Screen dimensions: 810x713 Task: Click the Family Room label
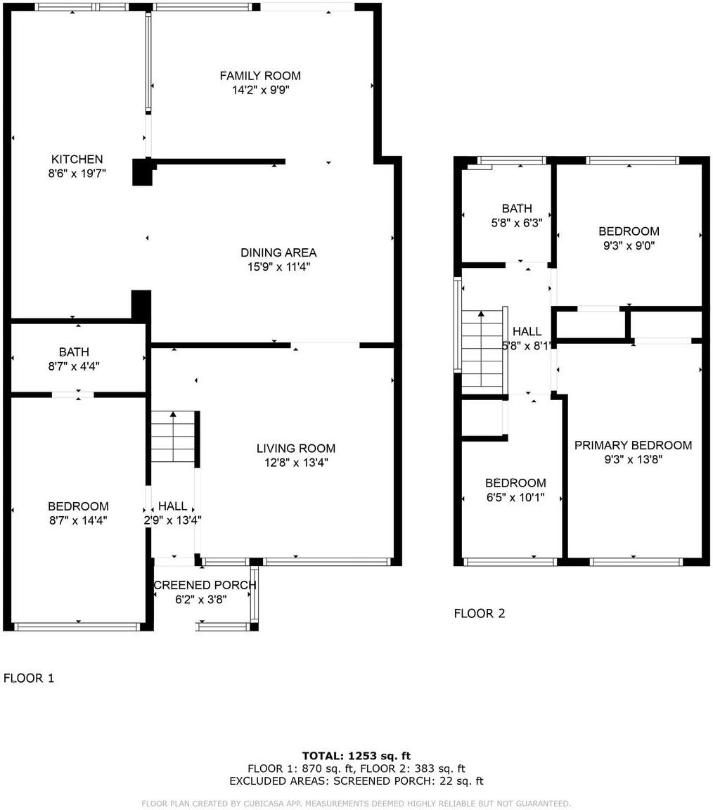(260, 75)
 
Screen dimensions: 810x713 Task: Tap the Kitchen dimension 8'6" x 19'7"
(77, 174)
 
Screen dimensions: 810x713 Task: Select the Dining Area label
(278, 252)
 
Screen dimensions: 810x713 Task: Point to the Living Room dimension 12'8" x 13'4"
(295, 463)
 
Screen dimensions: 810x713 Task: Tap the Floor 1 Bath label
(74, 352)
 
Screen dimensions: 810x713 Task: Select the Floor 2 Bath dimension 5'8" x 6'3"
(517, 223)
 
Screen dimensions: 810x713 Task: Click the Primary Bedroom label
(633, 445)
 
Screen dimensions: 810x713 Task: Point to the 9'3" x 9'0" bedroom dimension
(629, 245)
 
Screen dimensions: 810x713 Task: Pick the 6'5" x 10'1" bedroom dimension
(515, 497)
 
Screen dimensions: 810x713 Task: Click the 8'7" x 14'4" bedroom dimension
(78, 520)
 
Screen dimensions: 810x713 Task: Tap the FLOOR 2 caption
(479, 613)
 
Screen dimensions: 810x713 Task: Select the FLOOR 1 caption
(29, 678)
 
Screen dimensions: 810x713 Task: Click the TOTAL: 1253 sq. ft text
(356, 756)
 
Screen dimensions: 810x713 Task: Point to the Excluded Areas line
(356, 781)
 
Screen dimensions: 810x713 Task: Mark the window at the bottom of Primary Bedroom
(636, 561)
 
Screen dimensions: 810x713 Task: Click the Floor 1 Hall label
(172, 506)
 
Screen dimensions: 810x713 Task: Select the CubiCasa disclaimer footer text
(356, 803)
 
